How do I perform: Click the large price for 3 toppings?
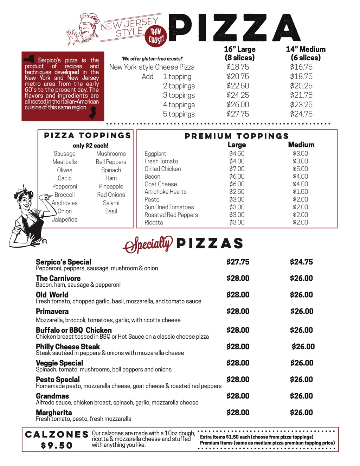[238, 95]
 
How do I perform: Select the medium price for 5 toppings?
[301, 114]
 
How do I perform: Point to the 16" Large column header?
[240, 53]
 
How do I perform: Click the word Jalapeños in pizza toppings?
[65, 219]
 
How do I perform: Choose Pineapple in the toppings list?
[111, 186]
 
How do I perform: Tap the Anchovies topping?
[65, 203]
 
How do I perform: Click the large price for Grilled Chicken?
[237, 169]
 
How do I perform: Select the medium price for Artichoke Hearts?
[300, 192]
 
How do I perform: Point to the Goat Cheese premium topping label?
[161, 184]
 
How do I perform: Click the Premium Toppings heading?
[237, 136]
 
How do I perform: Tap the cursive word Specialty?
[148, 244]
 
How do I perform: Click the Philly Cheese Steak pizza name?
[68, 347]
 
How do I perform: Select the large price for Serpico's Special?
[238, 262]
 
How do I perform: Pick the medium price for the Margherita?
[301, 413]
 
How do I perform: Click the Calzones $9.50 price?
[57, 446]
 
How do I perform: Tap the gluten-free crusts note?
[152, 59]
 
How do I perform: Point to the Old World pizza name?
[52, 295]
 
